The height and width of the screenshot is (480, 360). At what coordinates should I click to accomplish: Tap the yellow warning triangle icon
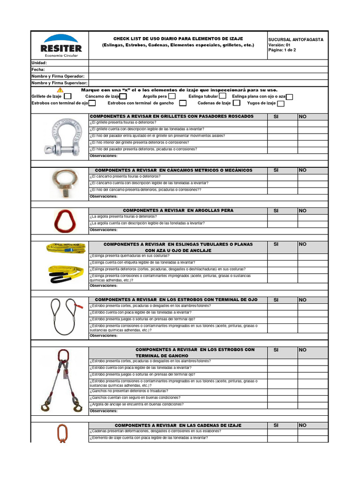[60, 90]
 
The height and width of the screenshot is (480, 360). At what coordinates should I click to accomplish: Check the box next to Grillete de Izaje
[68, 96]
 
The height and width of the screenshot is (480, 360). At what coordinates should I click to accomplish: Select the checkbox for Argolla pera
[172, 96]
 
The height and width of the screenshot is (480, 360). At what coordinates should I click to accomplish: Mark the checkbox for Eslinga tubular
[223, 96]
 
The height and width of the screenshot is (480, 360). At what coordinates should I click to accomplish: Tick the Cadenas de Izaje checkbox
[237, 103]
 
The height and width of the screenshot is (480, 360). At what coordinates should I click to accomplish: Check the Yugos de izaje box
[280, 104]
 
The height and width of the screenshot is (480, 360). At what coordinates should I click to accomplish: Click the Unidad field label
[39, 63]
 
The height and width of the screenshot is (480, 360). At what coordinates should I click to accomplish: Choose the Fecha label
[38, 69]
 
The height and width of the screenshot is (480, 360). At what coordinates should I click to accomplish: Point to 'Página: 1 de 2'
[282, 50]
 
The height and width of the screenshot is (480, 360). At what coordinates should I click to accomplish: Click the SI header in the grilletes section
[276, 116]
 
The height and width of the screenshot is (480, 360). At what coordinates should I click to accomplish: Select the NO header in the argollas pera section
[302, 211]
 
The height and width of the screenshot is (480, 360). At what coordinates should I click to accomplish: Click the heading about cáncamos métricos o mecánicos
[173, 170]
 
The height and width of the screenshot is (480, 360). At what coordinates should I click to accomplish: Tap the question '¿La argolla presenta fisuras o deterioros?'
[123, 217]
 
